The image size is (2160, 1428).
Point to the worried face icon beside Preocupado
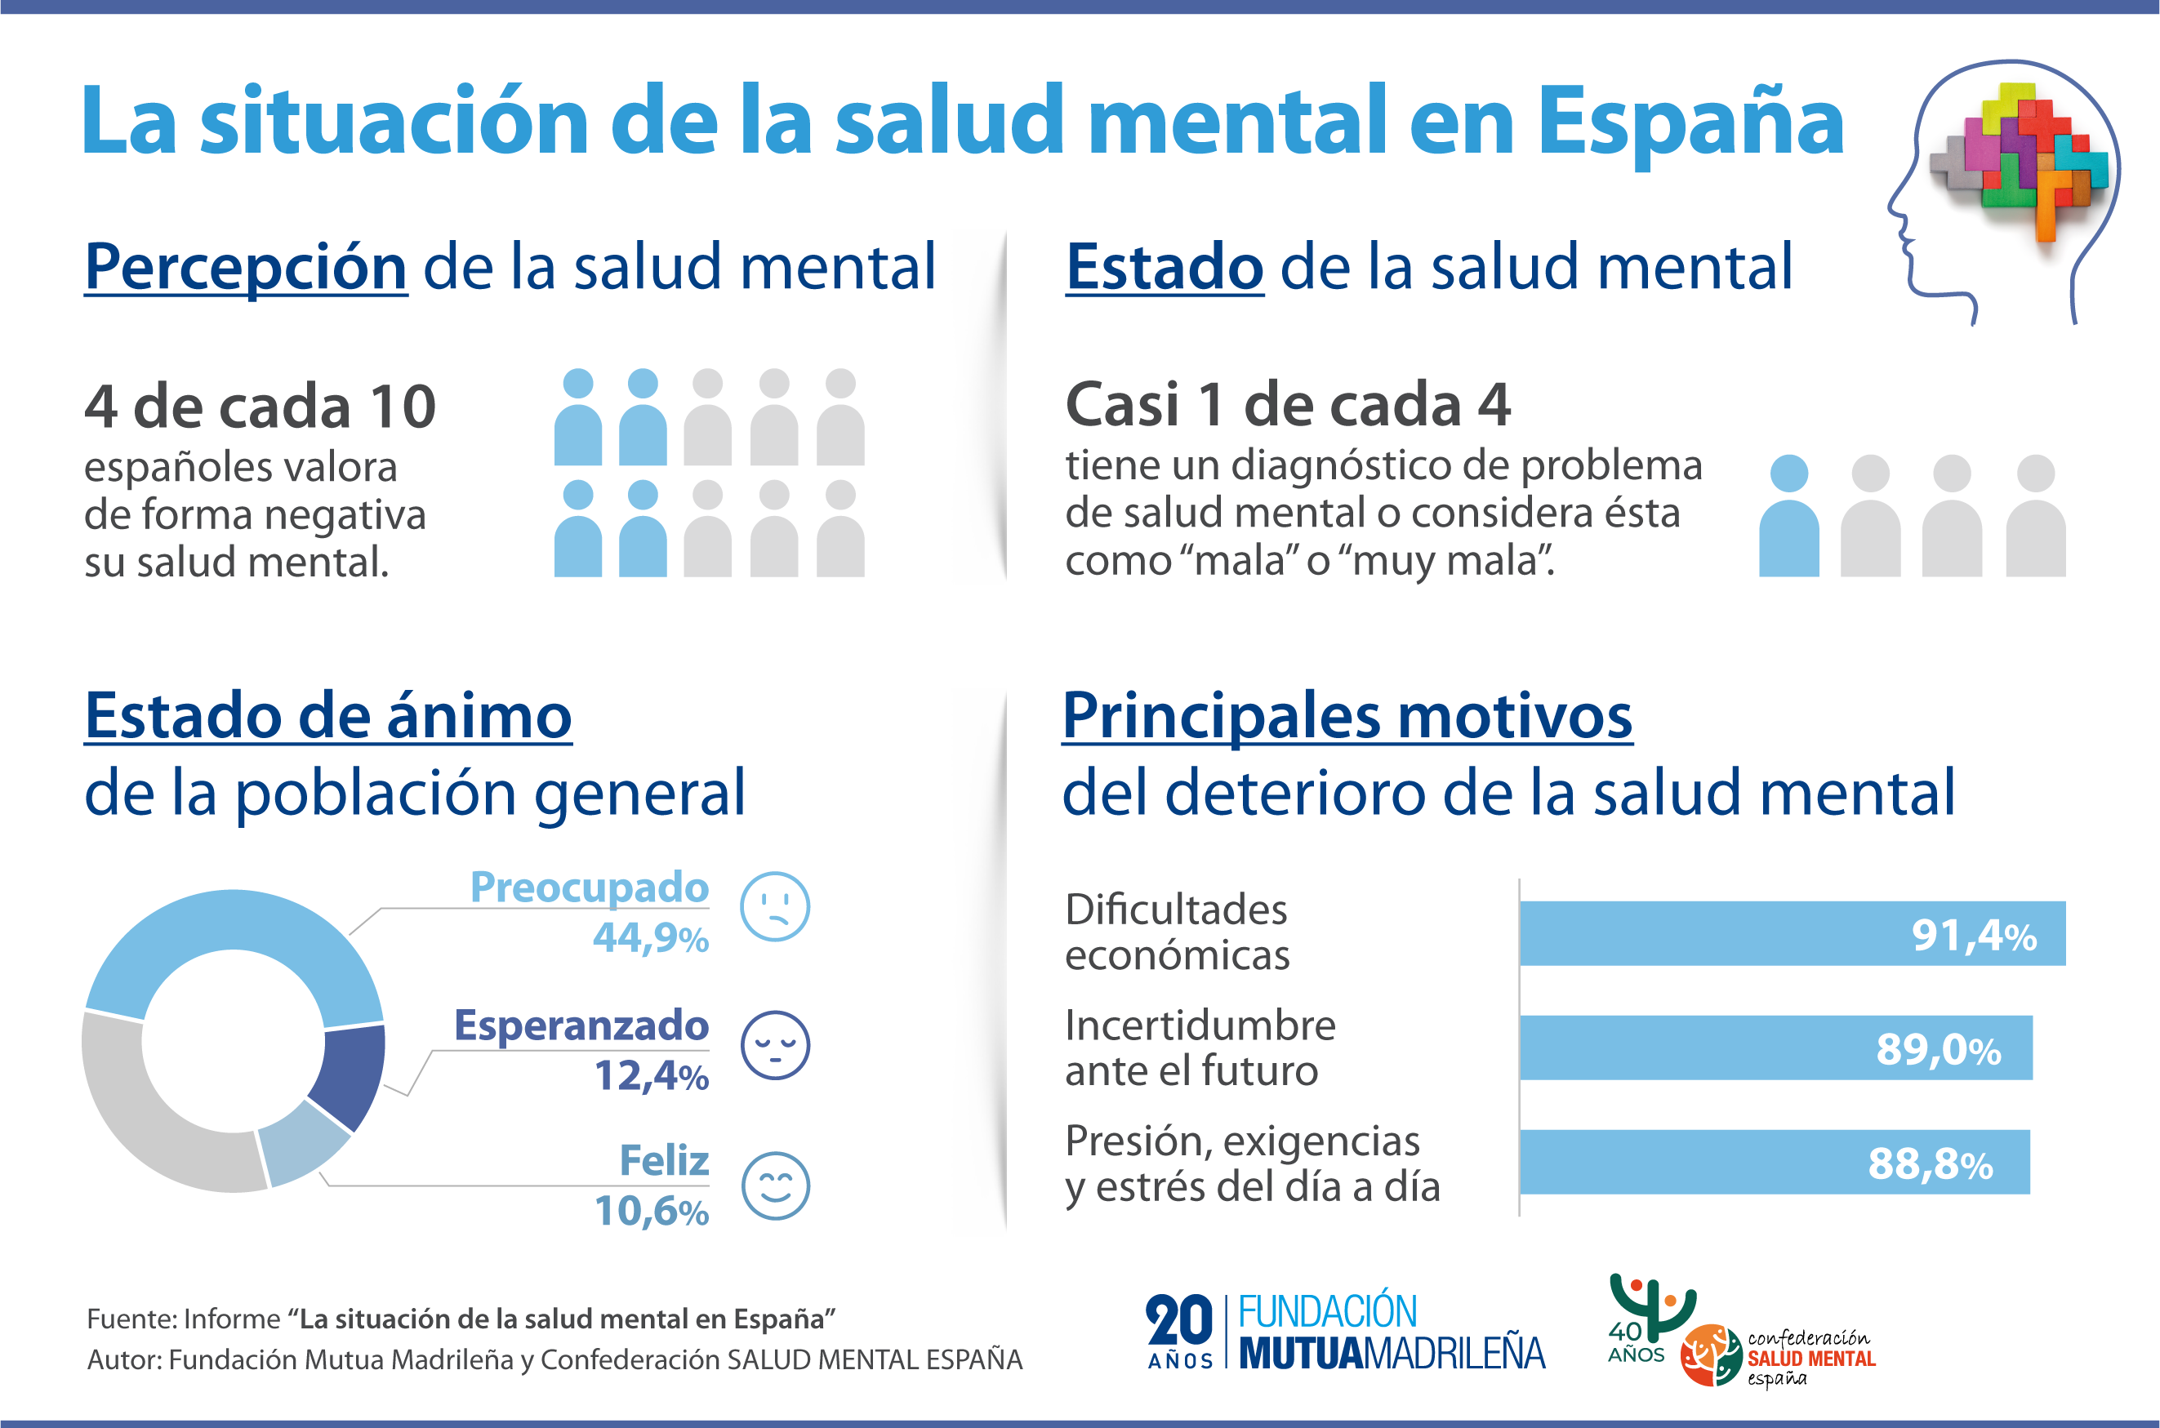click(775, 907)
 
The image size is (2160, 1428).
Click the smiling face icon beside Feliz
click(775, 1186)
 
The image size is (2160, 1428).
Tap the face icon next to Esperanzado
click(775, 1046)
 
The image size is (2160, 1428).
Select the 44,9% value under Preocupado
click(650, 937)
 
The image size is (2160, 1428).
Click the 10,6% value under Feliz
click(651, 1212)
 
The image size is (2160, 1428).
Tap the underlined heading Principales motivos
click(1347, 716)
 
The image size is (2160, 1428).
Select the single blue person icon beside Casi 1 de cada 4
click(1788, 515)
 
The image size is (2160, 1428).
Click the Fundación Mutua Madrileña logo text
click(1391, 1332)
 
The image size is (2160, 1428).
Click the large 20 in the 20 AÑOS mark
click(1179, 1320)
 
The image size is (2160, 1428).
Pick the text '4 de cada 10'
click(261, 406)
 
